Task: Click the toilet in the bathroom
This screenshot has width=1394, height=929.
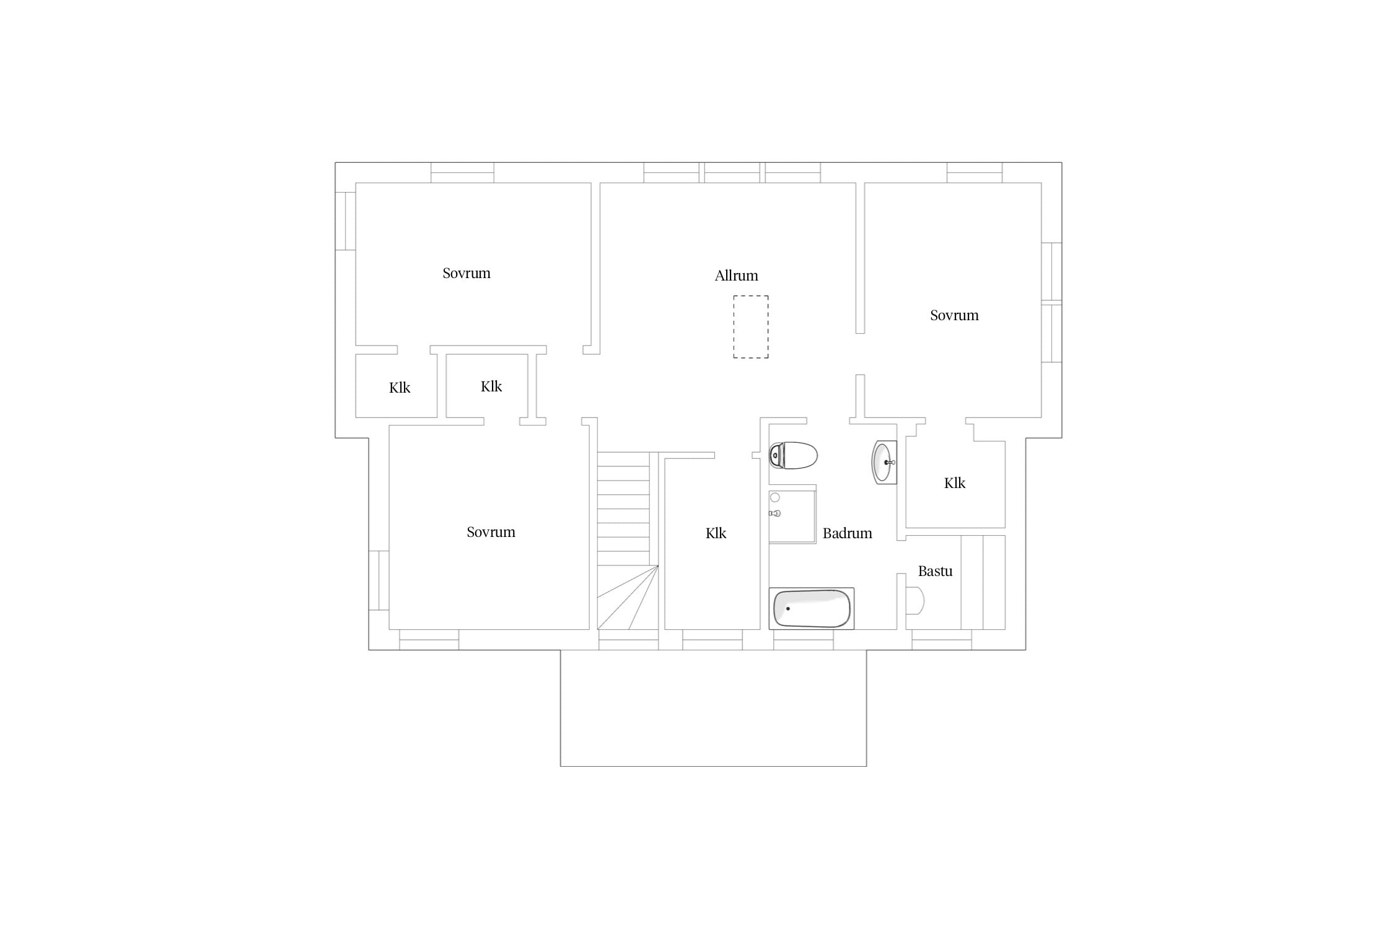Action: [x=793, y=456]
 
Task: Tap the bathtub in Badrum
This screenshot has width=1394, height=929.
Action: [x=812, y=608]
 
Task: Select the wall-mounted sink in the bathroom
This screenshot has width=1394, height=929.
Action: [x=884, y=462]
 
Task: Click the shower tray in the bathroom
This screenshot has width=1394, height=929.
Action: [x=792, y=517]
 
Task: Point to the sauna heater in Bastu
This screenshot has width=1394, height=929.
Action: [x=915, y=600]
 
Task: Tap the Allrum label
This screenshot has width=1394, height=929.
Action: [x=736, y=276]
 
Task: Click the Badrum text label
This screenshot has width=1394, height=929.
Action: [x=847, y=533]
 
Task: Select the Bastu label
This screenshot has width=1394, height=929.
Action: [x=935, y=571]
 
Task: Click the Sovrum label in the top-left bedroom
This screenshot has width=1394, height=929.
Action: [x=467, y=273]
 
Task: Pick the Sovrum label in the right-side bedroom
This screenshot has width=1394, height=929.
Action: [x=954, y=315]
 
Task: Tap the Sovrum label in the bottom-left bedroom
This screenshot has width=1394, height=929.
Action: [x=491, y=532]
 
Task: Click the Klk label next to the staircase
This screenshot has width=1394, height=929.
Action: [x=716, y=533]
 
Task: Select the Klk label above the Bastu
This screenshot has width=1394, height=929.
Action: [x=955, y=483]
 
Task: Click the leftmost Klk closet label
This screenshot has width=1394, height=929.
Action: [x=400, y=388]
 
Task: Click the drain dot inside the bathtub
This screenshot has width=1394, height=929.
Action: [x=788, y=609]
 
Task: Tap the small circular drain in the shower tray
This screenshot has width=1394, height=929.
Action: [x=774, y=498]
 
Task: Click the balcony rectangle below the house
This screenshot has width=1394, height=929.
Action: [x=713, y=708]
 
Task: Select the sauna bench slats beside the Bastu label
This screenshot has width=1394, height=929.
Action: [x=983, y=583]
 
